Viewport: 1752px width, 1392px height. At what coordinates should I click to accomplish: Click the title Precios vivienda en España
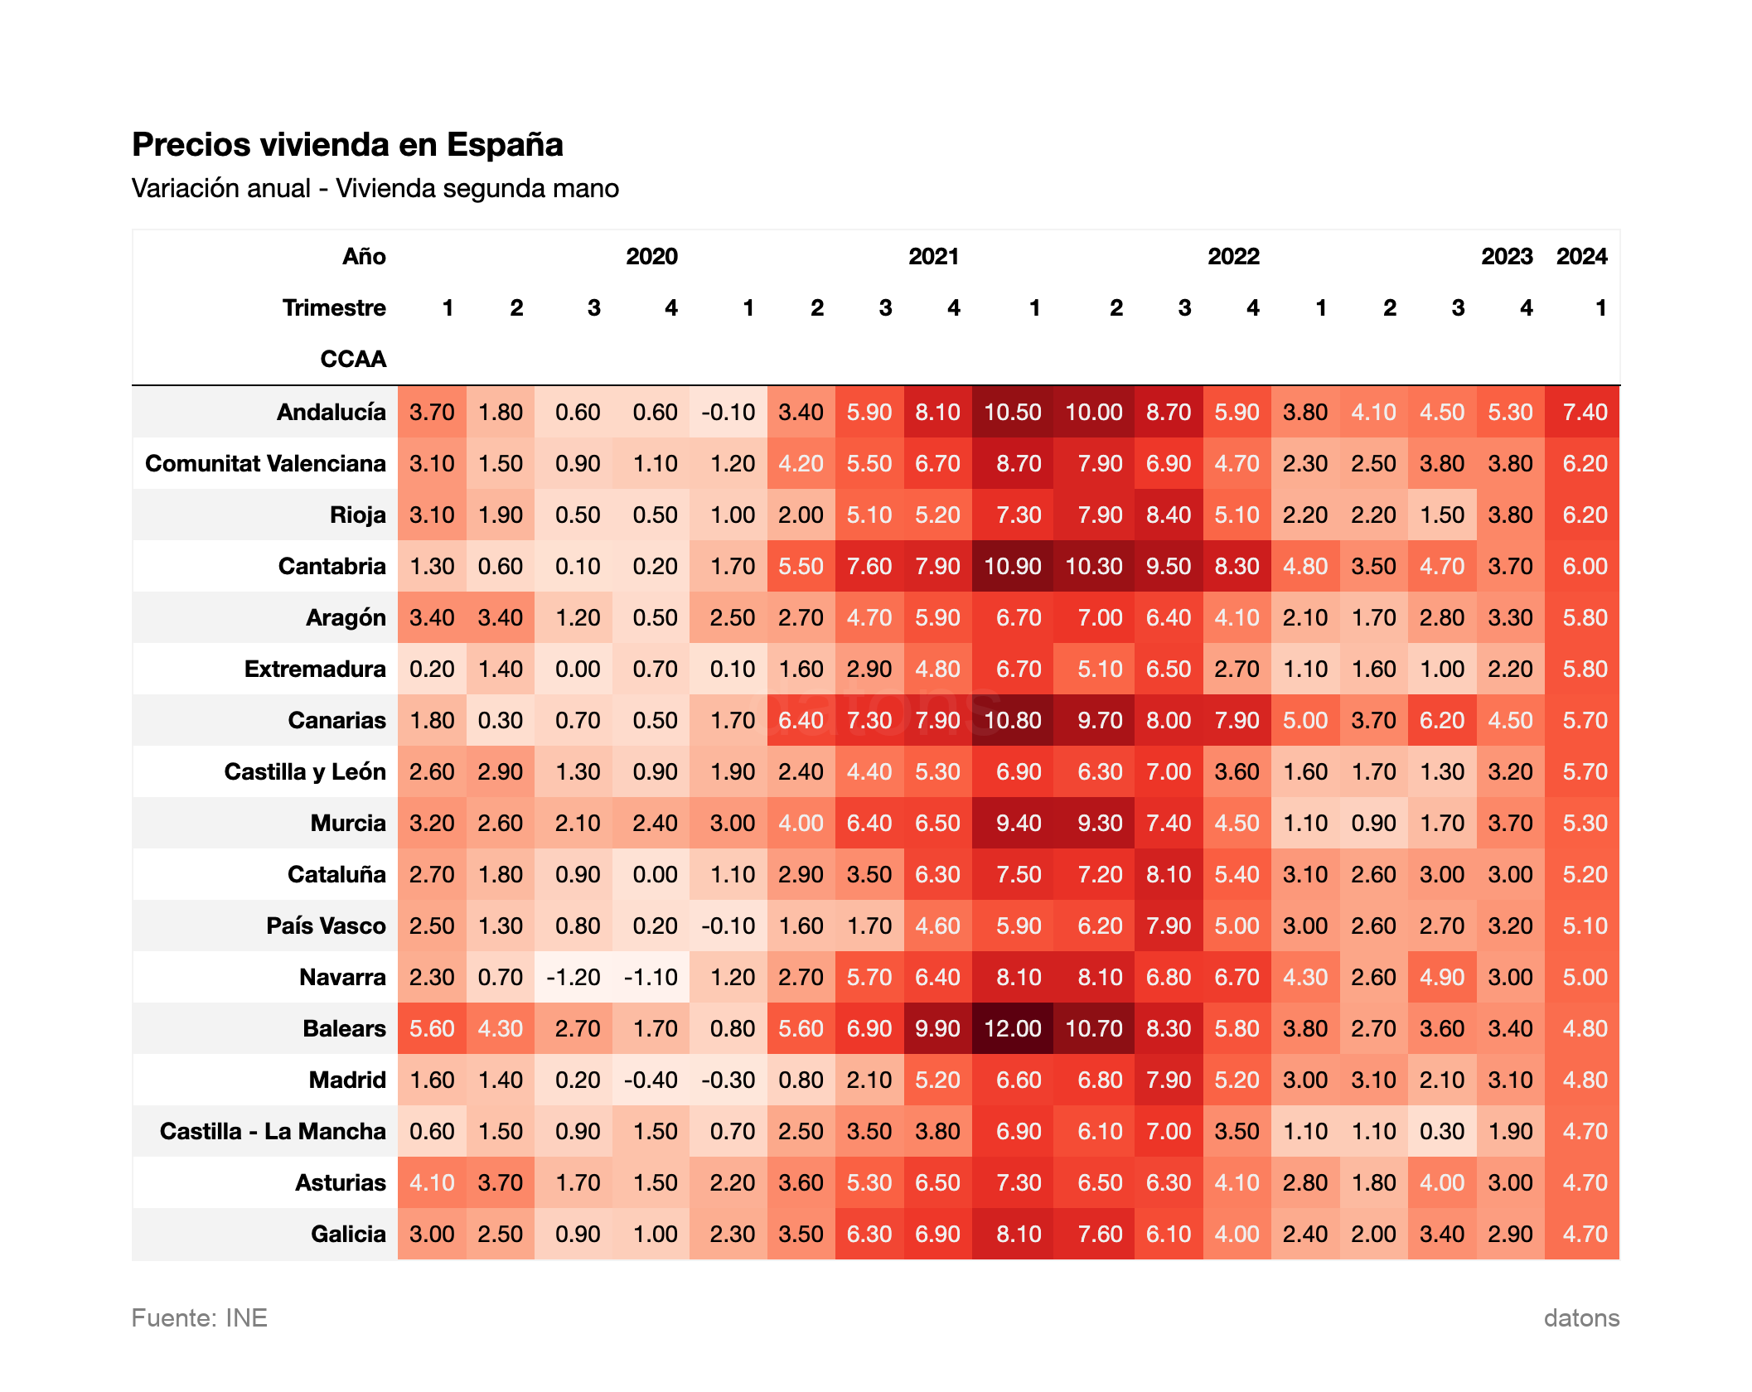347,144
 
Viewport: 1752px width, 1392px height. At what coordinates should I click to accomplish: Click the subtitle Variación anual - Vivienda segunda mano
375,188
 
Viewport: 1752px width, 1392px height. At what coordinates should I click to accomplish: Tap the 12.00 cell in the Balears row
1012,1028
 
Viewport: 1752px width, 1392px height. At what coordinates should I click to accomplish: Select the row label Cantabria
332,566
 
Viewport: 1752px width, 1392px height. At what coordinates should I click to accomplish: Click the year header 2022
1232,256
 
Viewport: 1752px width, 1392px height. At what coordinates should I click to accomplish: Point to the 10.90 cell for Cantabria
1012,566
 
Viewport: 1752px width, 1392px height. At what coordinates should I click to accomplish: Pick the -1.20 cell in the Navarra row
574,977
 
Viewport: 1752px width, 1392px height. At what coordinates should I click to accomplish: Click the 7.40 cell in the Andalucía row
1584,412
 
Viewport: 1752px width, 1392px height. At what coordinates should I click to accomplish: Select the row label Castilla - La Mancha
273,1131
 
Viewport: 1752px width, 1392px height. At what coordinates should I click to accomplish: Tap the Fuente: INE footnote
200,1317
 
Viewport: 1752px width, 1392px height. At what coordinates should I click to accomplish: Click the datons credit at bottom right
1580,1317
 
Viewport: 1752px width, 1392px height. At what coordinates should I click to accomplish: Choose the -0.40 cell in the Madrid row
651,1080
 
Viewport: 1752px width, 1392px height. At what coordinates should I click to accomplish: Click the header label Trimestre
334,307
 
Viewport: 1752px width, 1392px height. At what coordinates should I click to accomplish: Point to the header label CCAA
353,359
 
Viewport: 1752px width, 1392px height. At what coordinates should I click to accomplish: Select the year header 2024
1580,256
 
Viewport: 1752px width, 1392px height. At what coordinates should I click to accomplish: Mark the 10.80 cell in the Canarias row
1012,720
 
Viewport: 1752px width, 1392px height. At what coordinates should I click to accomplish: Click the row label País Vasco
326,926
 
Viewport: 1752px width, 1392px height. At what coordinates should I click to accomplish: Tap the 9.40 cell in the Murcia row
1018,823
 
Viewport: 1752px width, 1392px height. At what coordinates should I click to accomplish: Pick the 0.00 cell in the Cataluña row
655,874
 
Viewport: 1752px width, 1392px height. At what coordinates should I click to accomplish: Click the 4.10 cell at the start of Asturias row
432,1182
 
